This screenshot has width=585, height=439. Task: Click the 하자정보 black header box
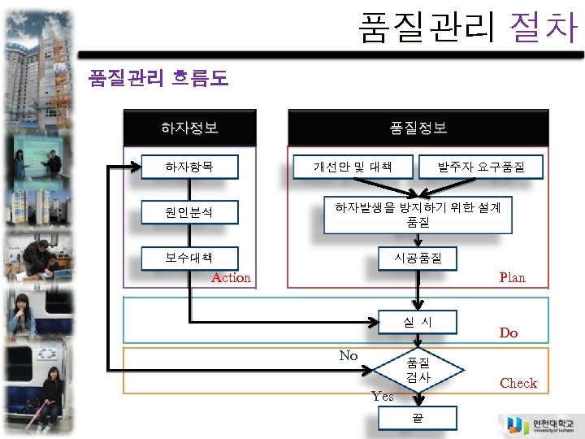tap(189, 128)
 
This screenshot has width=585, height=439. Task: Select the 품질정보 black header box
tap(418, 128)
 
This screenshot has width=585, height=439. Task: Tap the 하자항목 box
tap(189, 167)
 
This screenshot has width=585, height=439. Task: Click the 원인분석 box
tap(189, 213)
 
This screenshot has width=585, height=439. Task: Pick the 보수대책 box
tap(189, 258)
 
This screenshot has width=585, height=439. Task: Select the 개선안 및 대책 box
tap(353, 167)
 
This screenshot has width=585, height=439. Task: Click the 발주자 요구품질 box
tap(480, 167)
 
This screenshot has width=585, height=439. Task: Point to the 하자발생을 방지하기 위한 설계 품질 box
tap(418, 215)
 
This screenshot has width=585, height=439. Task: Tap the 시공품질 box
tap(418, 258)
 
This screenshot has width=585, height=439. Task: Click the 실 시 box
tap(418, 322)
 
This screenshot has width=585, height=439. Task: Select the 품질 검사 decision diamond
tap(418, 371)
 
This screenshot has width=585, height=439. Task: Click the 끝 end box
tap(418, 418)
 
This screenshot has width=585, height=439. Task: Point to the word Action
tap(231, 278)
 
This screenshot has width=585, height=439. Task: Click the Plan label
tap(512, 278)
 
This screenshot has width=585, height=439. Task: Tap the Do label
tap(509, 333)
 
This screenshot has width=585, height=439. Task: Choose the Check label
tap(518, 383)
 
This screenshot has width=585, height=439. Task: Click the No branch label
tap(349, 355)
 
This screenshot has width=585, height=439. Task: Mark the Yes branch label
tap(382, 397)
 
